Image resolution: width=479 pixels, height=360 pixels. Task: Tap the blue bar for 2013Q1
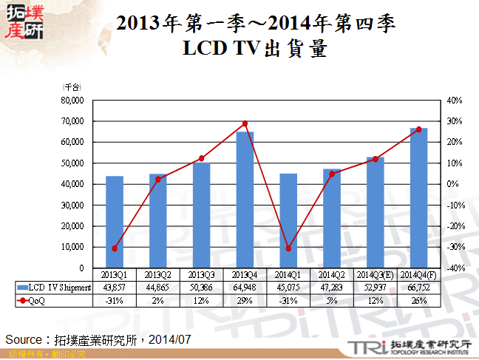115,222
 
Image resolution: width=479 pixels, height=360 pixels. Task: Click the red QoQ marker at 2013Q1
115,248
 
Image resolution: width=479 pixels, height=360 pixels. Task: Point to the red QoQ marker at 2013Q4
245,123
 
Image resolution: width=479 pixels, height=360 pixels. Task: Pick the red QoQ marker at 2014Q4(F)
418,129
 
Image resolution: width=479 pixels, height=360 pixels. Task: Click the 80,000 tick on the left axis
73,100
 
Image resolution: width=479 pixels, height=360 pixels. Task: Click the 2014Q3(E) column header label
375,275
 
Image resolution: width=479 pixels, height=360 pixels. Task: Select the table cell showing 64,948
245,287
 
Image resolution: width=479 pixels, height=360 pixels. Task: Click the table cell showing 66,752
418,287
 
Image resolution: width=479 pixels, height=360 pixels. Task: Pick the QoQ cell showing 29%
245,299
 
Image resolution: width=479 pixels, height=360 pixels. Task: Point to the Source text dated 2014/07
98,339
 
